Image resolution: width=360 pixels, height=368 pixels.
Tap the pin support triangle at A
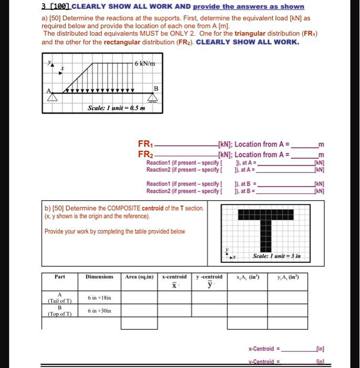pos(51,97)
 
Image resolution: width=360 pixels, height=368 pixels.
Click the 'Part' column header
pos(59,277)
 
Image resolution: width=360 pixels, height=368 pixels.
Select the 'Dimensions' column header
pos(99,277)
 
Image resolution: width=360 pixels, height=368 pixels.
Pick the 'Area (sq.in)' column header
pos(139,277)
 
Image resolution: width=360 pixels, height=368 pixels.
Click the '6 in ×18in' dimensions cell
pos(99,298)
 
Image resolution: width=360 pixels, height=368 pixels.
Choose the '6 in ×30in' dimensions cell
pos(99,311)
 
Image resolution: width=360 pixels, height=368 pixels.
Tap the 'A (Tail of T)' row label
pos(59,298)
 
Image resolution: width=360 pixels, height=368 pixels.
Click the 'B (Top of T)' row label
pos(59,311)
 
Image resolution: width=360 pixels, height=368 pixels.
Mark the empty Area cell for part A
pos(139,298)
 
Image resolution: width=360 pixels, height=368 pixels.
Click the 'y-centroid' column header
pos(209,277)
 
